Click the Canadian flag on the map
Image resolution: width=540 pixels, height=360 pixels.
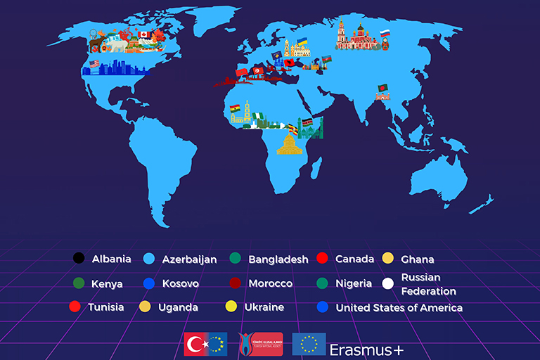tap(144, 34)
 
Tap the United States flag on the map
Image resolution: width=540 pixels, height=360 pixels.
tap(95, 64)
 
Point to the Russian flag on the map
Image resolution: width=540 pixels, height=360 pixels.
tap(385, 34)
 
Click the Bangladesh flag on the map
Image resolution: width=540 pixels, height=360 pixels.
tap(382, 88)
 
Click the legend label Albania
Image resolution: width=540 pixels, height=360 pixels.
tap(111, 259)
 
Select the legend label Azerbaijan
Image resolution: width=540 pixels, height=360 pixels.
tap(189, 259)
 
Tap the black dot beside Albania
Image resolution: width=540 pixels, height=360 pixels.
tap(79, 258)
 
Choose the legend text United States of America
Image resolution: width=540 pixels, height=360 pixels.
tap(399, 307)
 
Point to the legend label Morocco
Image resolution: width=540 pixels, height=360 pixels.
tap(270, 283)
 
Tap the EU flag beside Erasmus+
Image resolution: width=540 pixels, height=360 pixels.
tap(309, 344)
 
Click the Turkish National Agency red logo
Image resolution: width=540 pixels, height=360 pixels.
tap(260, 344)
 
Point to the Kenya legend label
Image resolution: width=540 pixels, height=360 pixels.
tap(107, 284)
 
